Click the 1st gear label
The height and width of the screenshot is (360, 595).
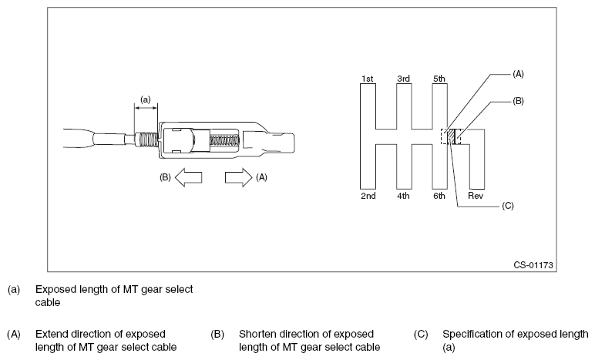coord(367,79)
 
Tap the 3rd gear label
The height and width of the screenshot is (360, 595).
coord(403,79)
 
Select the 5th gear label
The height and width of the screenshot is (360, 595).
coord(439,79)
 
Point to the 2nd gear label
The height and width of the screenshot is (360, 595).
coord(368,196)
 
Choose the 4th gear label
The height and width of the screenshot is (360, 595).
coord(403,196)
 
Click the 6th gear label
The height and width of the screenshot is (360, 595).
coord(439,196)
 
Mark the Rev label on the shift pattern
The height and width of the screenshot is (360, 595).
coord(476,196)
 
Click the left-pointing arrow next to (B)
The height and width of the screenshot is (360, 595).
coord(189,177)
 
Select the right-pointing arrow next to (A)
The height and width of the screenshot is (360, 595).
coord(238,177)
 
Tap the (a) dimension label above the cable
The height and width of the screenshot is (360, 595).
coord(145,98)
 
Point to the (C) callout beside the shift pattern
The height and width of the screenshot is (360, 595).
coord(507,206)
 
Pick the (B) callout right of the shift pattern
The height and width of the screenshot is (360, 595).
coord(518,101)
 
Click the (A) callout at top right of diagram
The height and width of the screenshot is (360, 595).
coord(518,74)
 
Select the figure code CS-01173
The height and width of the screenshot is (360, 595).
coord(533,264)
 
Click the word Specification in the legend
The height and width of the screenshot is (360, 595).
coord(472,334)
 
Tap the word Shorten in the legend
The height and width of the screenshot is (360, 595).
coord(257,334)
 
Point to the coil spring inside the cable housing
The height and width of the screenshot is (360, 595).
coord(224,143)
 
